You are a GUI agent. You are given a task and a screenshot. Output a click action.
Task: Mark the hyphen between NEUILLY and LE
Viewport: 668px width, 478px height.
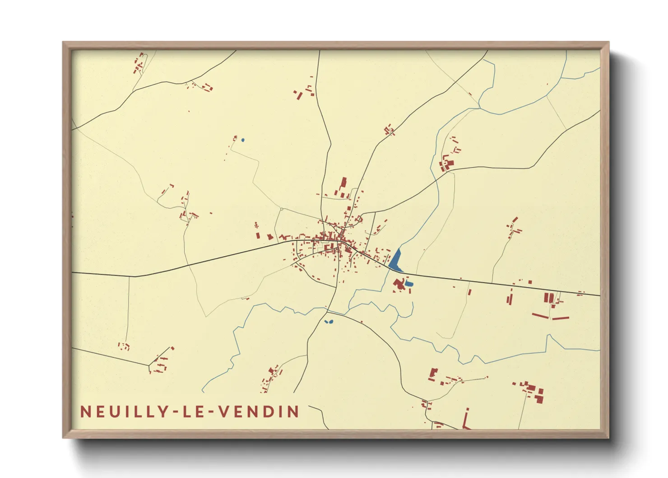click(172, 412)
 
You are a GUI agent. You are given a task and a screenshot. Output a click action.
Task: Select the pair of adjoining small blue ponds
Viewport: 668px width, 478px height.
click(329, 322)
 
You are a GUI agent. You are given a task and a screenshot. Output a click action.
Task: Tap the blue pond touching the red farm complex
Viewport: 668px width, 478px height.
click(408, 284)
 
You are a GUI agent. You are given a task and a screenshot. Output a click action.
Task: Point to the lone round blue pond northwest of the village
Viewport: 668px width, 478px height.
click(242, 140)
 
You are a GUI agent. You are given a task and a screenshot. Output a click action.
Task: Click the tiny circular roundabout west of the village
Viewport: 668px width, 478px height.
click(281, 209)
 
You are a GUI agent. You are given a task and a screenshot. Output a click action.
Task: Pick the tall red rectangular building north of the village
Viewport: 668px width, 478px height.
click(343, 183)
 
